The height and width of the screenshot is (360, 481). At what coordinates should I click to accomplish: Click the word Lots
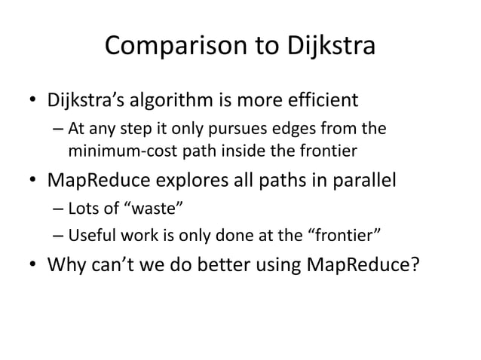pyautogui.click(x=85, y=210)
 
